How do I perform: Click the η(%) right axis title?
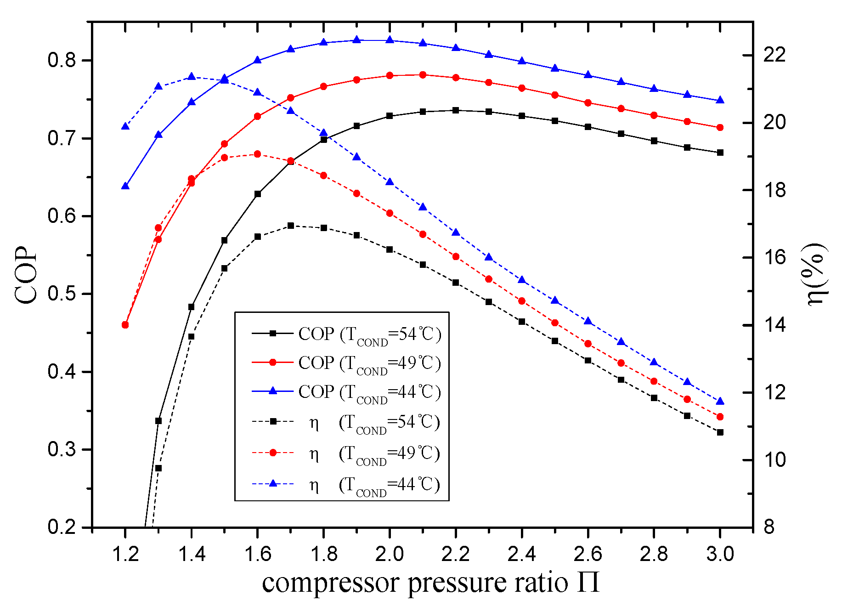point(817,275)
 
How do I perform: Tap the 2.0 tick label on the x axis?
point(390,555)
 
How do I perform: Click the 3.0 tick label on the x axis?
point(720,555)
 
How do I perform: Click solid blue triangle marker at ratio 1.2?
point(125,186)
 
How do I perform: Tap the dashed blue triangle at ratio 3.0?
point(720,401)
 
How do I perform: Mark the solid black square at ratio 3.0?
point(720,153)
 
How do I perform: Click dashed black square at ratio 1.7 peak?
point(290,226)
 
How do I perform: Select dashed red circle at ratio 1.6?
point(257,154)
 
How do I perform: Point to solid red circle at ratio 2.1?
point(423,75)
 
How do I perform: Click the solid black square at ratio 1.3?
point(158,421)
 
